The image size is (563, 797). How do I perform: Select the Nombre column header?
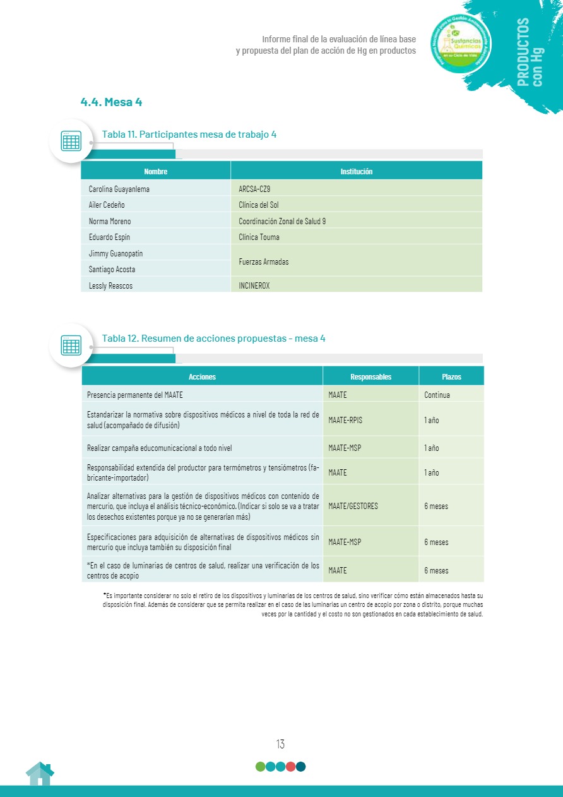click(x=156, y=171)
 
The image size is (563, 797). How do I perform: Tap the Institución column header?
click(x=356, y=171)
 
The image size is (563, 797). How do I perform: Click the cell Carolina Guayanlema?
click(x=119, y=189)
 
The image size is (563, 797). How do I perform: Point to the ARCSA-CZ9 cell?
click(x=254, y=189)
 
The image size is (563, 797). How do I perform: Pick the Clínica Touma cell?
click(x=259, y=237)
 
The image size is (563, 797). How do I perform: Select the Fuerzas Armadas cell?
click(x=264, y=261)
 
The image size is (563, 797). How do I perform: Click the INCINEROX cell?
click(x=254, y=285)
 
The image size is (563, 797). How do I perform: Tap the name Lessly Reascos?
click(x=112, y=285)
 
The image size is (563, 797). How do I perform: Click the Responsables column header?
click(x=370, y=376)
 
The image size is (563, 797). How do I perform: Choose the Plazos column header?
click(x=451, y=376)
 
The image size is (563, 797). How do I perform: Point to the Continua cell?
click(x=437, y=395)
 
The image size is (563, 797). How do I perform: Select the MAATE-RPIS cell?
click(x=345, y=420)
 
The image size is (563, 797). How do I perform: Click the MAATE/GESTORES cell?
click(x=353, y=506)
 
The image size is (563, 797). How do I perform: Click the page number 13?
click(x=280, y=744)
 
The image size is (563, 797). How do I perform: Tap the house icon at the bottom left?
click(x=40, y=774)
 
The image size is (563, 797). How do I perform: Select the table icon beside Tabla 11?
click(x=71, y=141)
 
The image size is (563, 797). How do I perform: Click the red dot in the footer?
click(x=290, y=767)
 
